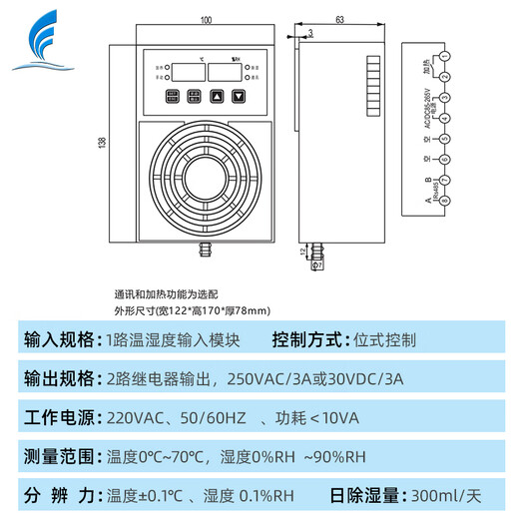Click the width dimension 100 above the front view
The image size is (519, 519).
[207, 20]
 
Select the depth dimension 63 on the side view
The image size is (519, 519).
[339, 20]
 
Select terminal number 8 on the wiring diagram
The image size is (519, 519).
[444, 200]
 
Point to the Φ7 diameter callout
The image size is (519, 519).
[317, 266]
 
